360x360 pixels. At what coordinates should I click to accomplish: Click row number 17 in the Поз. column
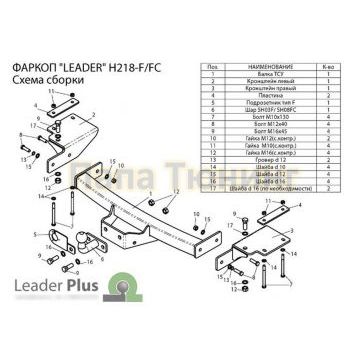coord(211,186)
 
